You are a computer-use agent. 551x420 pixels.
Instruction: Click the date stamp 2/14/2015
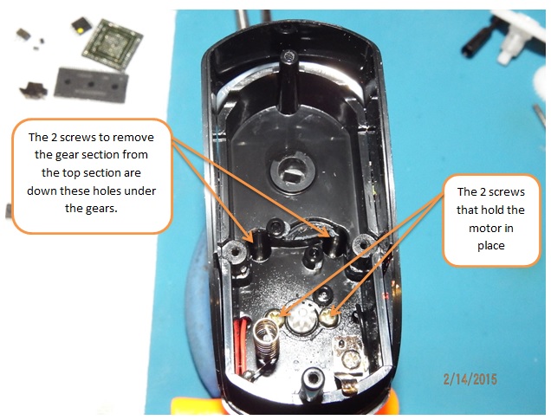tap(470, 379)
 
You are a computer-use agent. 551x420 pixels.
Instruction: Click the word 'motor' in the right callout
tap(491, 229)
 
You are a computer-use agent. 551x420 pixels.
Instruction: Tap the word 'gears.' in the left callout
tap(91, 209)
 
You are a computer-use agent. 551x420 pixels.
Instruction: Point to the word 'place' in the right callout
tap(491, 246)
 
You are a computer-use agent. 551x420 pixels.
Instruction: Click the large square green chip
tap(113, 44)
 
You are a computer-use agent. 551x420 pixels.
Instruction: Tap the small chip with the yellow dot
tap(81, 26)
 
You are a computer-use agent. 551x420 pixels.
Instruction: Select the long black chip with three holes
tap(91, 85)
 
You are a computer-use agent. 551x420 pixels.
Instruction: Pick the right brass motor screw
tap(329, 317)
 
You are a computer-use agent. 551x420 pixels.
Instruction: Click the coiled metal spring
tap(267, 339)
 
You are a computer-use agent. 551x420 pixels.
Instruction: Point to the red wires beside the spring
tap(242, 346)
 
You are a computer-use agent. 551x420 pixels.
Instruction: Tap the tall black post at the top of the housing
tap(288, 81)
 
